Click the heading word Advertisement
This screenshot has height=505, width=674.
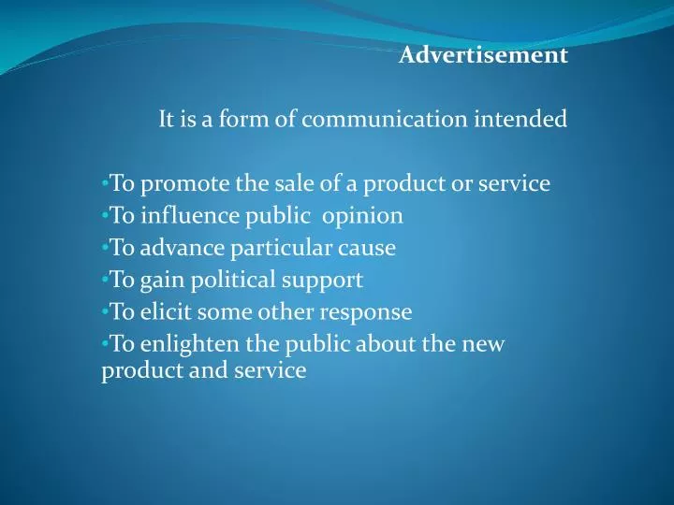pos(483,56)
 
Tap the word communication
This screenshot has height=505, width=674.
pos(400,120)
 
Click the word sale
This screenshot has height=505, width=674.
pos(282,184)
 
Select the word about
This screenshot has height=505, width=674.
pos(386,343)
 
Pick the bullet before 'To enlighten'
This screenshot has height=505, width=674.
pos(104,344)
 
